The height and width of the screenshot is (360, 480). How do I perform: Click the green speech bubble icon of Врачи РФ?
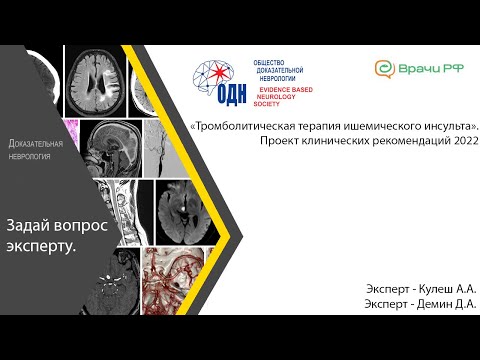tap(384, 69)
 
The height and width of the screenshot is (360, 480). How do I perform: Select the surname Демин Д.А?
tap(446, 304)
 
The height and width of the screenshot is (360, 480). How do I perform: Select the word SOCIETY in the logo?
tap(268, 103)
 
